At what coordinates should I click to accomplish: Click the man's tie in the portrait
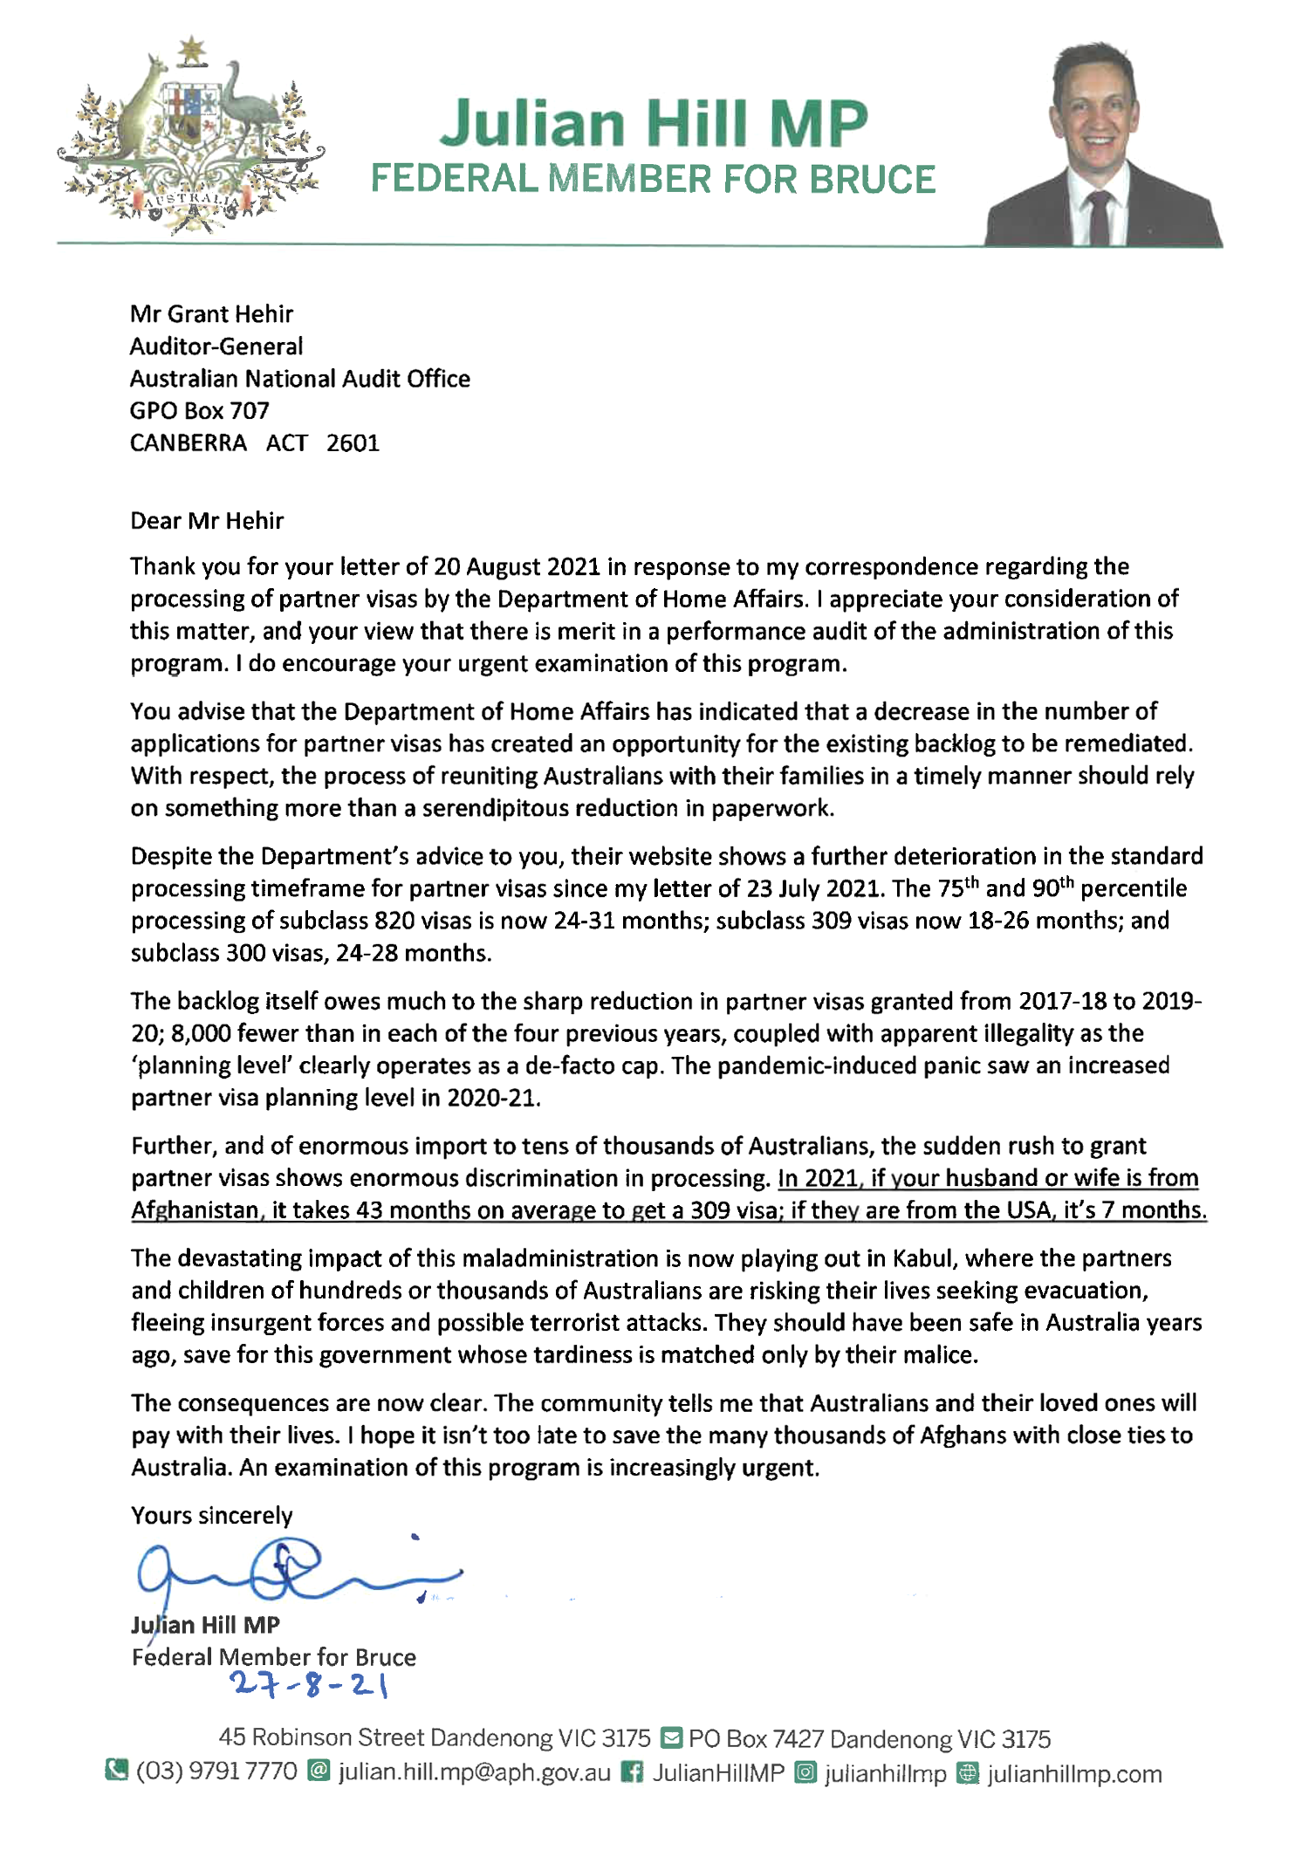pos(1099,218)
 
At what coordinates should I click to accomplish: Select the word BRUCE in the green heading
pos(872,180)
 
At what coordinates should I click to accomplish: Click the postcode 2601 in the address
pos(353,443)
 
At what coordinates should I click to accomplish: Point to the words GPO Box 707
pos(199,411)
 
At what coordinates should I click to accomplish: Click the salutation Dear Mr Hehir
pos(207,521)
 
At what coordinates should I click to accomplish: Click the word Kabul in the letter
pos(924,1258)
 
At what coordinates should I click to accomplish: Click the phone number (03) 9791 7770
pos(216,1772)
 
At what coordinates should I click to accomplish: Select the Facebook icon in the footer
pos(631,1772)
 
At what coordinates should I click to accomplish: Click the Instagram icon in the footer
pos(807,1772)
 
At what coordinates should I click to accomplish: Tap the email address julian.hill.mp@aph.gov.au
pos(474,1772)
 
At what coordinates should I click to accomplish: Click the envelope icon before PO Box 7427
pos(670,1737)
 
